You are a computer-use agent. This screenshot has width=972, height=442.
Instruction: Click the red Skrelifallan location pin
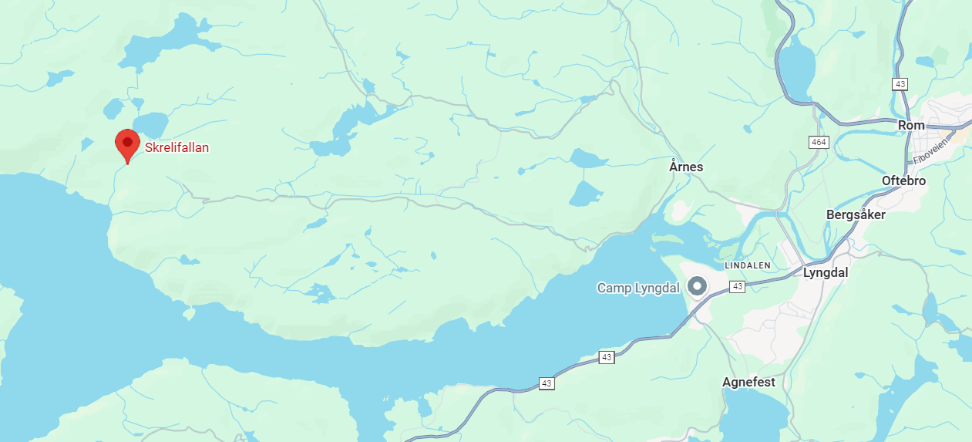pyautogui.click(x=127, y=143)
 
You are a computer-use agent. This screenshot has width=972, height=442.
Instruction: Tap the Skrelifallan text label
pyautogui.click(x=177, y=147)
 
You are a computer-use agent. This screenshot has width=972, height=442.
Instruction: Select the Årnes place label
pyautogui.click(x=686, y=167)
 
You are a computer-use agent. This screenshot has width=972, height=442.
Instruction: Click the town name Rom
pyautogui.click(x=911, y=125)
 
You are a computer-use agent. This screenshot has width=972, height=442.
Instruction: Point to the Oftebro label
pyautogui.click(x=903, y=181)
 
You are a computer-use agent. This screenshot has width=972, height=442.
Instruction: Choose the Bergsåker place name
pyautogui.click(x=855, y=214)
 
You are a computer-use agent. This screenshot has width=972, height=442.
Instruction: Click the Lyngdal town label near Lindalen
pyautogui.click(x=826, y=272)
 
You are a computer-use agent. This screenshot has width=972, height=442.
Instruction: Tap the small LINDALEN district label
pyautogui.click(x=747, y=265)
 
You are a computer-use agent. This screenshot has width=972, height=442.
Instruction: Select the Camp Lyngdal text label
pyautogui.click(x=638, y=288)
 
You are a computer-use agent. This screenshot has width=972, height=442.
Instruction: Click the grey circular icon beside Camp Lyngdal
pyautogui.click(x=698, y=286)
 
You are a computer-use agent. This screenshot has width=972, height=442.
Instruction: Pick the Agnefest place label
pyautogui.click(x=748, y=382)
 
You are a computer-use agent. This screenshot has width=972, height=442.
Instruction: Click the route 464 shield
pyautogui.click(x=818, y=143)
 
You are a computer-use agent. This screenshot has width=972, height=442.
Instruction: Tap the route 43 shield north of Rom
pyautogui.click(x=900, y=83)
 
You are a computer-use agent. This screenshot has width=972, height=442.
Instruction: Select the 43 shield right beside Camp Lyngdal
pyautogui.click(x=738, y=286)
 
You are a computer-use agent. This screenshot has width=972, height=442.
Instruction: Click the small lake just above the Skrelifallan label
pyautogui.click(x=151, y=123)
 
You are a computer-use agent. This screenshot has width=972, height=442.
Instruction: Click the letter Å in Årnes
pyautogui.click(x=673, y=167)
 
